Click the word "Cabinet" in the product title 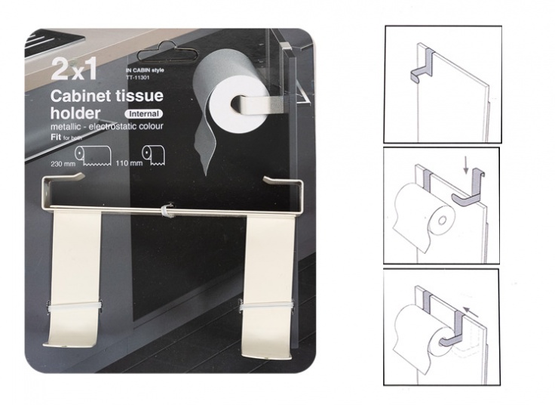(81, 97)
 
